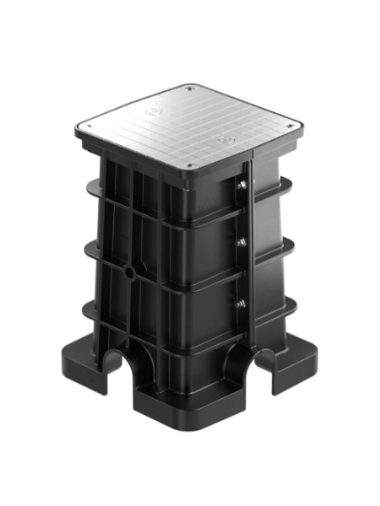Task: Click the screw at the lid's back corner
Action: pyautogui.click(x=190, y=88)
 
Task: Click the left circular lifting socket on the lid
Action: pyautogui.click(x=151, y=110)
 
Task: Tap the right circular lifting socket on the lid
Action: pyautogui.click(x=225, y=137)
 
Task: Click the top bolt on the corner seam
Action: pyautogui.click(x=242, y=187)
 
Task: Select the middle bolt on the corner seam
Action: pyautogui.click(x=242, y=244)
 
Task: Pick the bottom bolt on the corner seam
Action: pyautogui.click(x=242, y=303)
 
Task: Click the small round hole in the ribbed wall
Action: pyautogui.click(x=129, y=272)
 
